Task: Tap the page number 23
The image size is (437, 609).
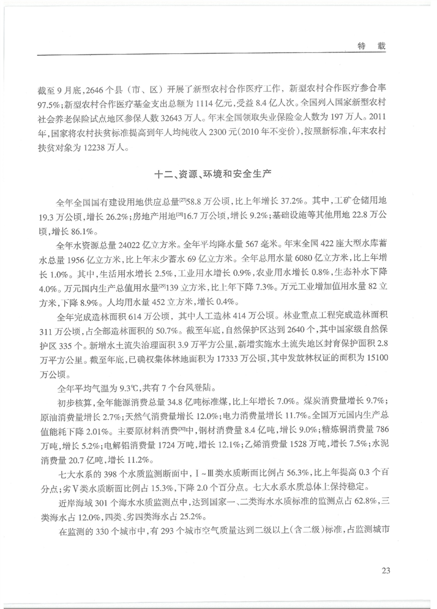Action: [x=385, y=571]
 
